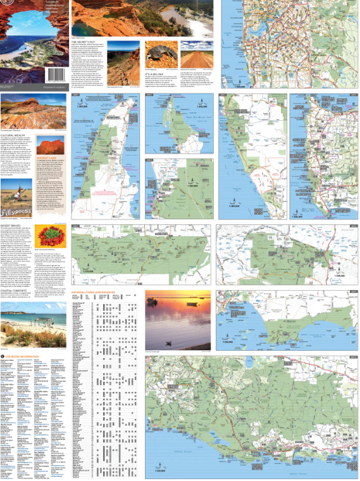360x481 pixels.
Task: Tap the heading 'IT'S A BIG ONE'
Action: [155, 73]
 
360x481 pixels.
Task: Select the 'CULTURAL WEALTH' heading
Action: [13, 135]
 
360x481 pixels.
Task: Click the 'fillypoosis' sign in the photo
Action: [18, 211]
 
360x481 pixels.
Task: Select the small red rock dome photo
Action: [51, 144]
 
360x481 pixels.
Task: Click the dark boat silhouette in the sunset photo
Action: [168, 343]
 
